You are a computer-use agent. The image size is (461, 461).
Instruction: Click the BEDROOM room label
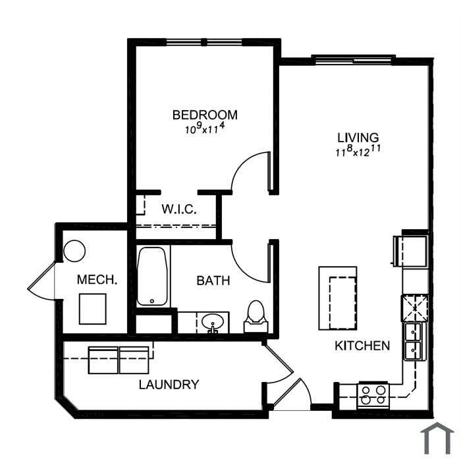pyautogui.click(x=205, y=115)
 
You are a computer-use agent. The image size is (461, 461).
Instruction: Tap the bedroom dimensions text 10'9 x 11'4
pyautogui.click(x=205, y=128)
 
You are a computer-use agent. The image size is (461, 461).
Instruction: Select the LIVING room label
pyautogui.click(x=358, y=138)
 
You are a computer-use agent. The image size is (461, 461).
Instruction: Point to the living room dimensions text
pyautogui.click(x=358, y=151)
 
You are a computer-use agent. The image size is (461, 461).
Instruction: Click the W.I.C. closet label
pyautogui.click(x=178, y=209)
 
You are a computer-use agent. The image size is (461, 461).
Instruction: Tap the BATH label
pyautogui.click(x=213, y=281)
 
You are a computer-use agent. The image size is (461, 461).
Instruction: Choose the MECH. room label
pyautogui.click(x=97, y=280)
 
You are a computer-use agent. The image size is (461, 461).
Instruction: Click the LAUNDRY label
pyautogui.click(x=169, y=385)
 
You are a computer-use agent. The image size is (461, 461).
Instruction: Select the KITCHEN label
pyautogui.click(x=362, y=346)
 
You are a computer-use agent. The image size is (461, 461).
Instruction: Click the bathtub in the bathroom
pyautogui.click(x=152, y=277)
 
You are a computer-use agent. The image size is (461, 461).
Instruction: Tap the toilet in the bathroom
pyautogui.click(x=256, y=316)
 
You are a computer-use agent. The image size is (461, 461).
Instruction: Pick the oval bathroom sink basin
pyautogui.click(x=213, y=322)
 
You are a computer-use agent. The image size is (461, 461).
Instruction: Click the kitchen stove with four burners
pyautogui.click(x=373, y=395)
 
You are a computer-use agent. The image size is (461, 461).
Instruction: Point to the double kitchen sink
pyautogui.click(x=414, y=341)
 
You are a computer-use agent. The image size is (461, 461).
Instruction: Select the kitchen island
pyautogui.click(x=338, y=298)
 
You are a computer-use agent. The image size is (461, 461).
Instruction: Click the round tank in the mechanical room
pyautogui.click(x=74, y=251)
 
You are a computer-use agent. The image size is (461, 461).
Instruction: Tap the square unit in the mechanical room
pyautogui.click(x=93, y=309)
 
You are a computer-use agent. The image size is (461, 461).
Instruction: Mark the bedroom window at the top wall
pyautogui.click(x=205, y=42)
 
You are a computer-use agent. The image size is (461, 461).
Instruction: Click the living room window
pyautogui.click(x=353, y=60)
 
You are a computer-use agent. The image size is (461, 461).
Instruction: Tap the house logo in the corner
pyautogui.click(x=437, y=438)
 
